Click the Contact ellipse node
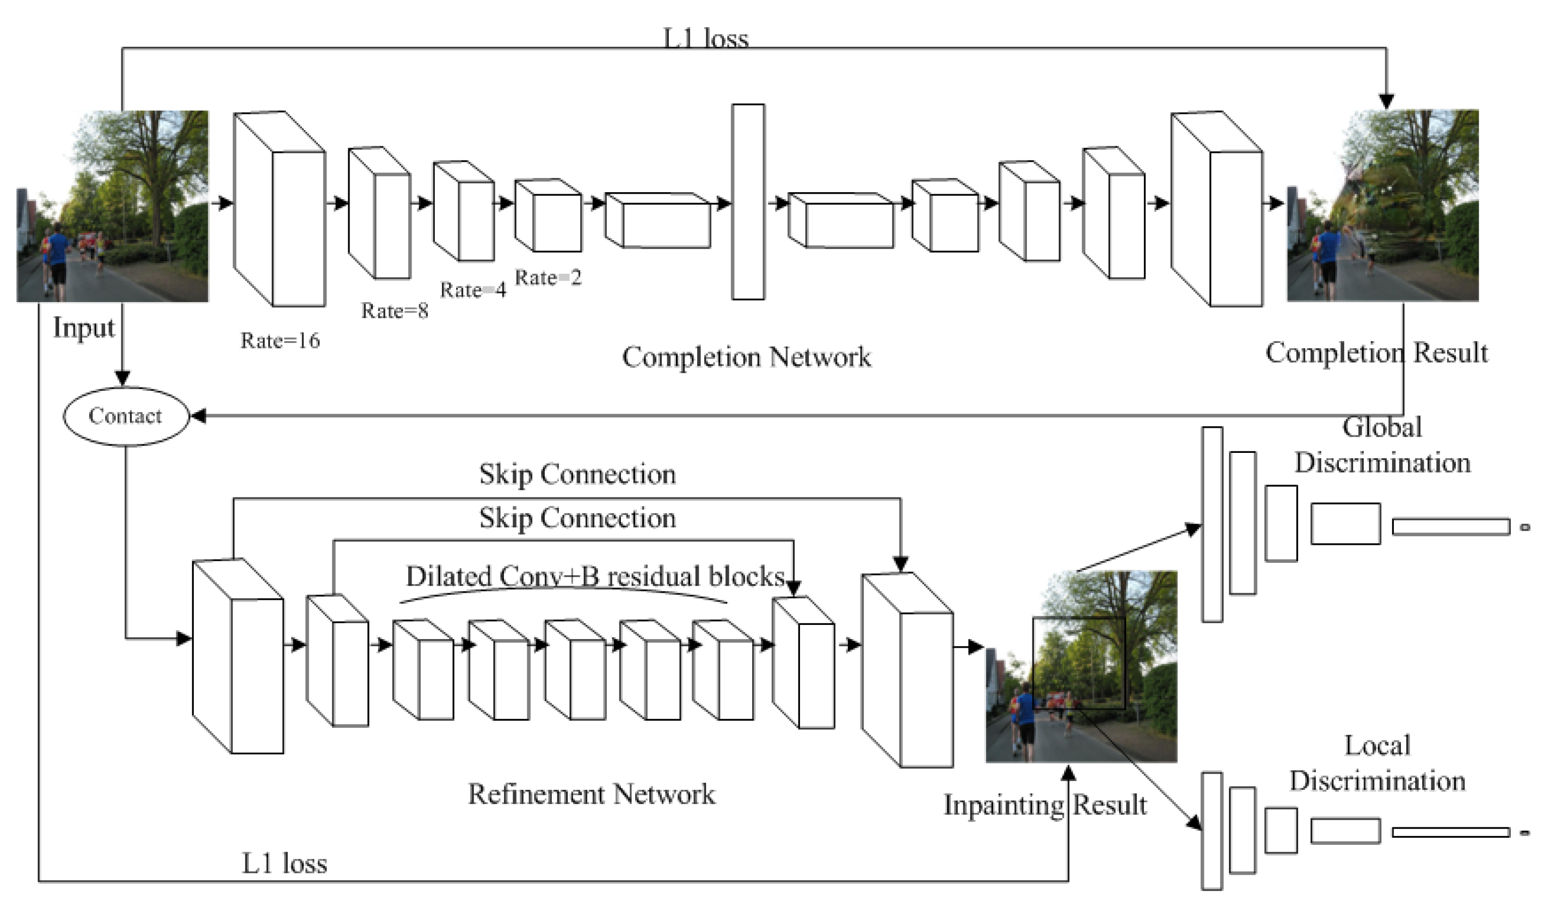[126, 416]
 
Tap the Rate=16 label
[280, 341]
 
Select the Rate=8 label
[394, 311]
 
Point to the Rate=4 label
[473, 290]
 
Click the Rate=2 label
[548, 278]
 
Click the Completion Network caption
[746, 357]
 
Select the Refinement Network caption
[591, 794]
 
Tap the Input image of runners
[113, 207]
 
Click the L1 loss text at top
[705, 38]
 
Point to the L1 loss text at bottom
[284, 863]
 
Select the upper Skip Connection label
[577, 474]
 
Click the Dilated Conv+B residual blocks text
[595, 576]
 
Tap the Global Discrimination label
[1382, 445]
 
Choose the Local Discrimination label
[1376, 763]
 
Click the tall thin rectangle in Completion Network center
[748, 202]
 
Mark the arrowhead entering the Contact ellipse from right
[198, 416]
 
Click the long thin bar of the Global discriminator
[1450, 527]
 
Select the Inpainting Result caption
[1045, 805]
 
